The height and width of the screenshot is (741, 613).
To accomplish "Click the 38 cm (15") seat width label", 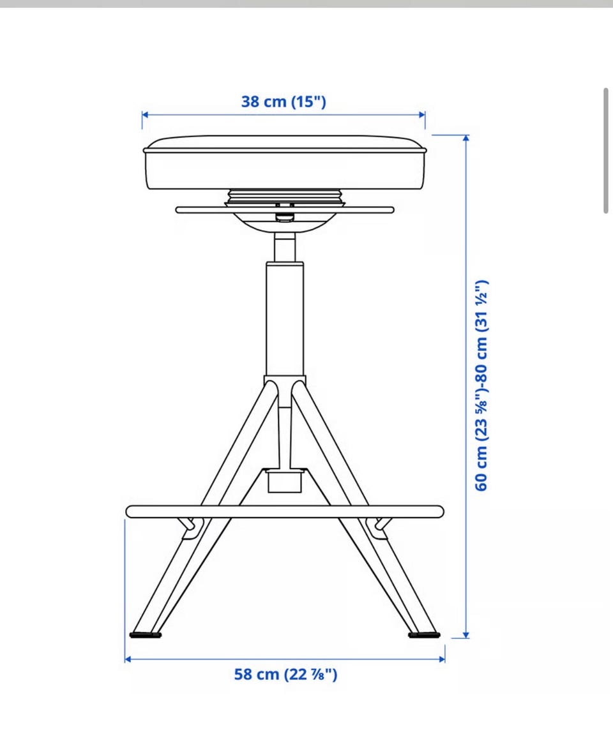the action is [284, 101].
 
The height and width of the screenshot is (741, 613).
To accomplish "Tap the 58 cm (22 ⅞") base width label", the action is [286, 675].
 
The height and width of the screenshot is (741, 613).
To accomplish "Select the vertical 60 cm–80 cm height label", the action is [481, 385].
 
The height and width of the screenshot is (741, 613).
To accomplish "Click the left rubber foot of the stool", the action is [146, 634].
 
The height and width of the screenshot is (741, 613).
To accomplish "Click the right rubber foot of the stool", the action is [424, 634].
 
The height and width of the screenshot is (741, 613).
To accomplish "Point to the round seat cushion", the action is [285, 163].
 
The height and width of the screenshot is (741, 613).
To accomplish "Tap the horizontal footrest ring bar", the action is [285, 511].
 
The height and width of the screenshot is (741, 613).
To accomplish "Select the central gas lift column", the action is [285, 319].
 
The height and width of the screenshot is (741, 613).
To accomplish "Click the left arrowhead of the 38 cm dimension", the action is [144, 114].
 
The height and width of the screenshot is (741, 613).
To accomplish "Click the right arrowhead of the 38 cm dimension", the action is [422, 114].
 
